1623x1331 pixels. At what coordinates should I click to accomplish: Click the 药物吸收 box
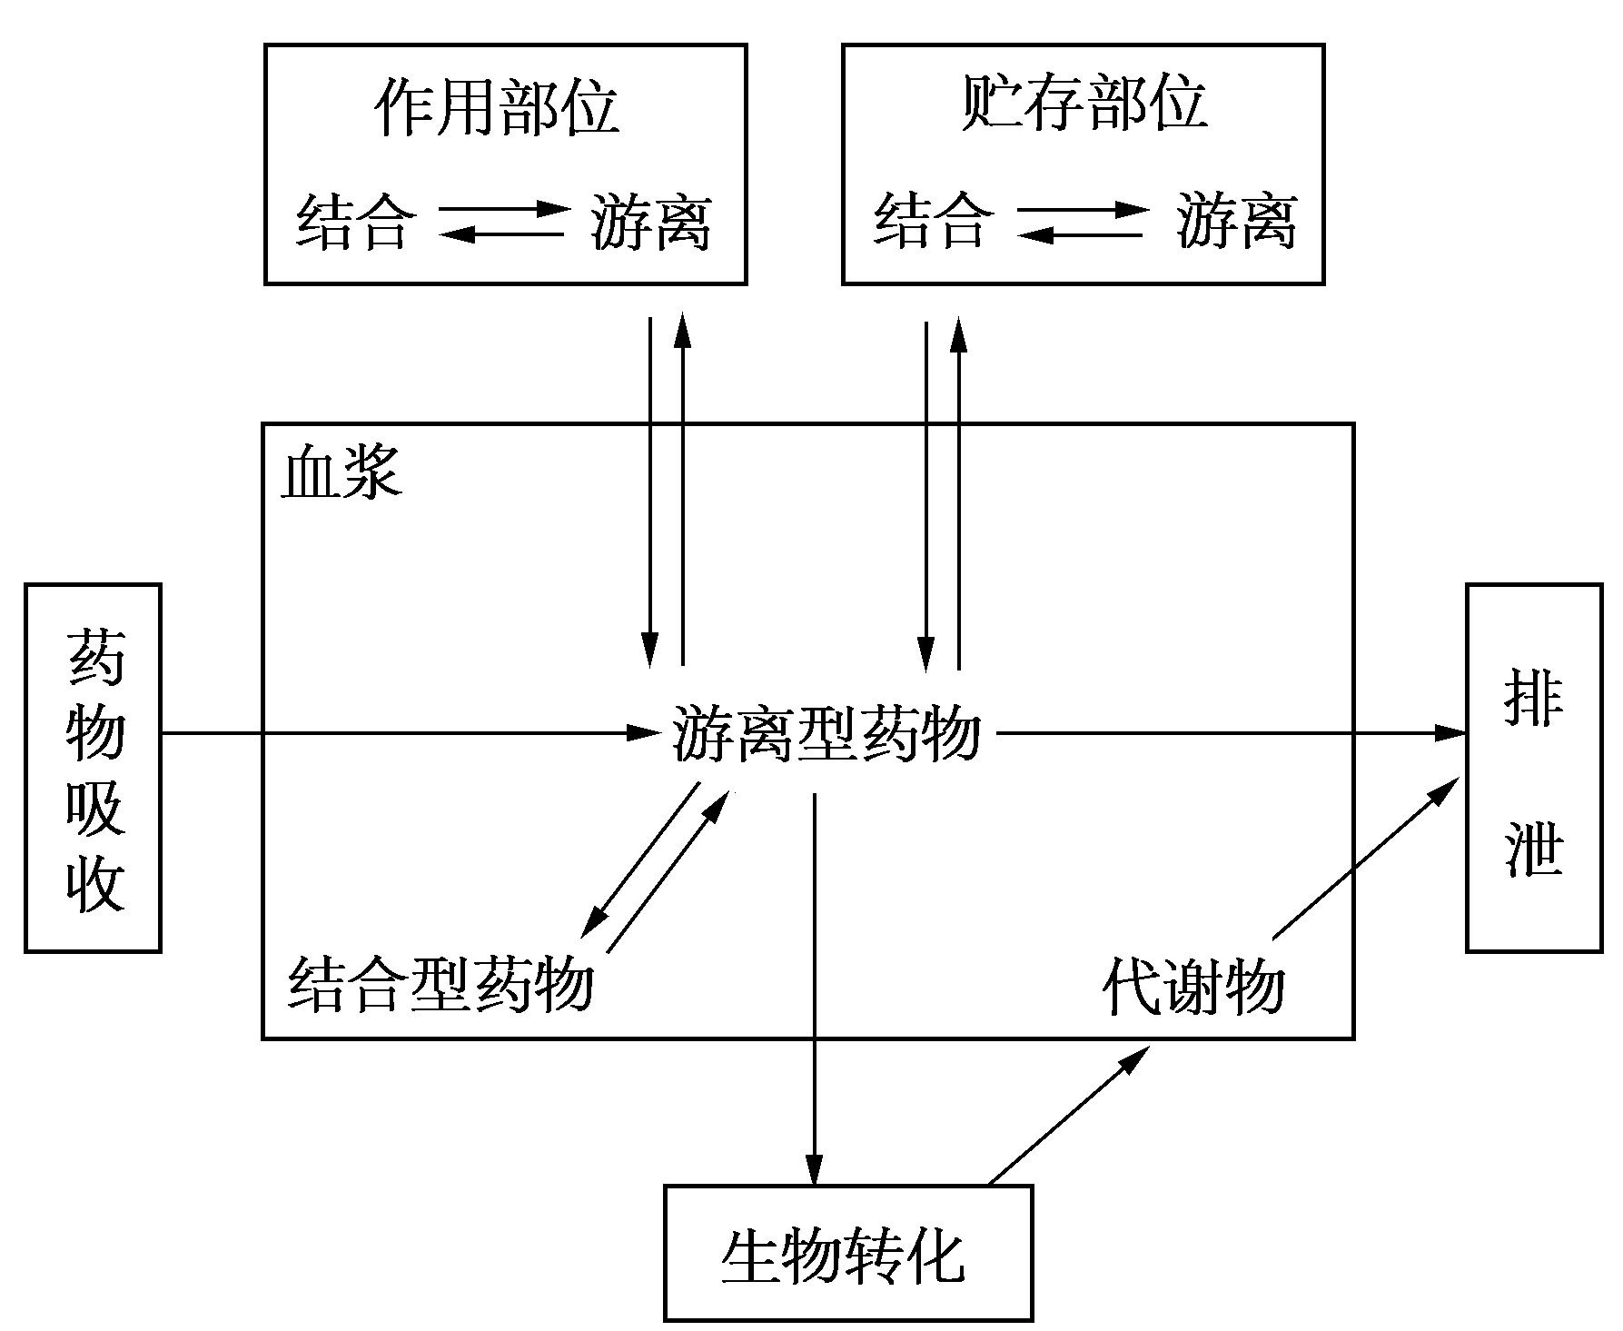pos(93,768)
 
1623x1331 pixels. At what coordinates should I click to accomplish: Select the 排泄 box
pos(1533,768)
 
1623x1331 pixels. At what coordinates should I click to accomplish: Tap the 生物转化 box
pos(847,1253)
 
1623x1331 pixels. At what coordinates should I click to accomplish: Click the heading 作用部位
pos(497,107)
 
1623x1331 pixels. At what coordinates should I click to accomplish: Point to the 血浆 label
pos(341,473)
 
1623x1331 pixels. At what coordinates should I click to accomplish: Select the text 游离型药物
pos(826,733)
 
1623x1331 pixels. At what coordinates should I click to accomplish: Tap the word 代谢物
pos(1193,986)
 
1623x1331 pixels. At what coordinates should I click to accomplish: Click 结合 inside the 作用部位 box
pos(355,221)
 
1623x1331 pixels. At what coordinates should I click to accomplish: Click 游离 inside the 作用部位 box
pos(650,221)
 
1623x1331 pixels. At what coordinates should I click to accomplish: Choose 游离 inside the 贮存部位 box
pos(1236,221)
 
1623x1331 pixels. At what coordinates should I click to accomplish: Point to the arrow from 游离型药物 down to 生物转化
pos(815,990)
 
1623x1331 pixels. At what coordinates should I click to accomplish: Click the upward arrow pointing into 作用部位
pos(683,491)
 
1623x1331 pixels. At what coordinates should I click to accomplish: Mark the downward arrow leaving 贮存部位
pos(925,491)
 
